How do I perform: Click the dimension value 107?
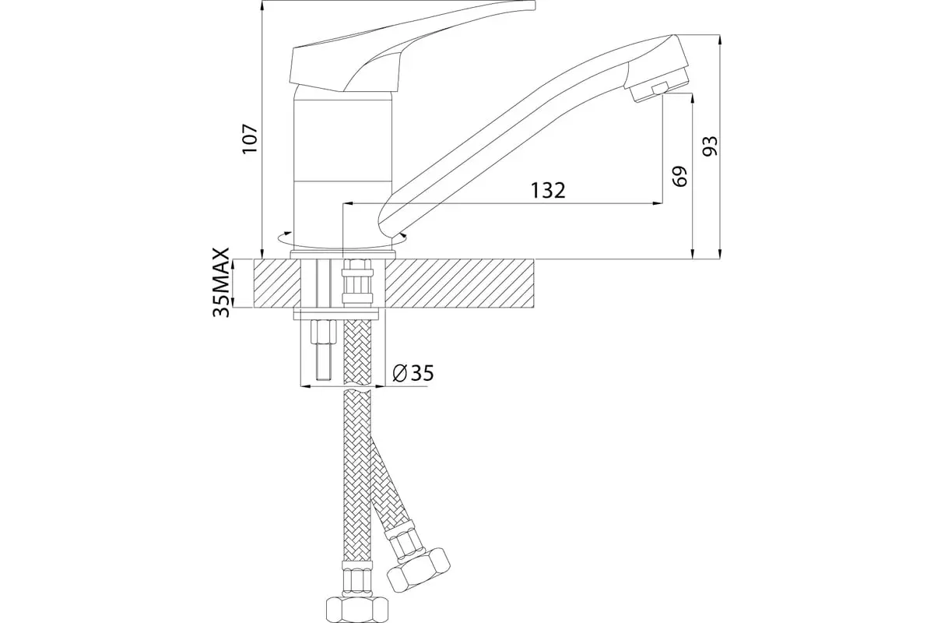pyautogui.click(x=249, y=138)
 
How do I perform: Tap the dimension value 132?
pyautogui.click(x=547, y=190)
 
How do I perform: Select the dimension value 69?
pyautogui.click(x=679, y=175)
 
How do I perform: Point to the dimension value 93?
pyautogui.click(x=709, y=146)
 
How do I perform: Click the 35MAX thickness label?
pyautogui.click(x=222, y=283)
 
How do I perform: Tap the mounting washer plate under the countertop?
pyautogui.click(x=336, y=314)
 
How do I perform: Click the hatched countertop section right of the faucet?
pyautogui.click(x=459, y=283)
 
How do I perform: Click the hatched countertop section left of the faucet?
pyautogui.click(x=276, y=283)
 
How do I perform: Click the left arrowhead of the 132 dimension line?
pyautogui.click(x=347, y=204)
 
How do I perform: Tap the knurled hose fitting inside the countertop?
pyautogui.click(x=358, y=284)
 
